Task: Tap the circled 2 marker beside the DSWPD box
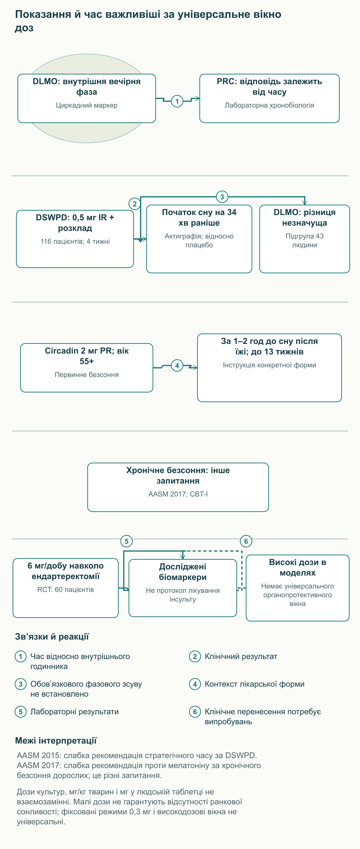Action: (x=135, y=204)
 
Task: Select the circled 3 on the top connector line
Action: (x=222, y=197)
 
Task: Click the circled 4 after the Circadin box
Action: (x=177, y=365)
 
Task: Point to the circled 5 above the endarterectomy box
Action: (x=127, y=541)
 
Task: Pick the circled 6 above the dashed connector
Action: (x=246, y=541)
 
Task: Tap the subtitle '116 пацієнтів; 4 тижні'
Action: (x=75, y=241)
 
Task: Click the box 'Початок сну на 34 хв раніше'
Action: (x=199, y=239)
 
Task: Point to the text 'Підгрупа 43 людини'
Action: (x=305, y=240)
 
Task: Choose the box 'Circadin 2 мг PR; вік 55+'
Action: (x=87, y=368)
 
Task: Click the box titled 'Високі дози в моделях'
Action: (x=297, y=588)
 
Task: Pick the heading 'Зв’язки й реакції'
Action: (x=52, y=637)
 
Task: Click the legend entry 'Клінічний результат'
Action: (x=241, y=656)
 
